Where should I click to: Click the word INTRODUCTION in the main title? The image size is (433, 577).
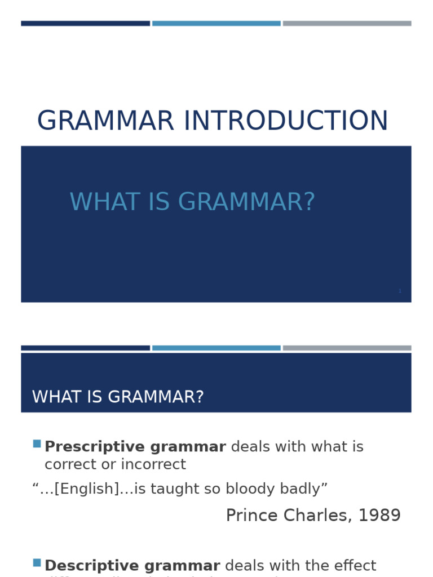click(x=285, y=122)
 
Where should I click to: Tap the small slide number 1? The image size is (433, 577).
click(x=400, y=291)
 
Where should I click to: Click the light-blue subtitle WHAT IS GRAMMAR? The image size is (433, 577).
click(x=192, y=203)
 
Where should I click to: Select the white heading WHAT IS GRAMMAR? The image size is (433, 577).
click(x=118, y=397)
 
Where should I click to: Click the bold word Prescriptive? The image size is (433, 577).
click(x=86, y=447)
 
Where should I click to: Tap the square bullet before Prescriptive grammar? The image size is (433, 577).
click(x=37, y=444)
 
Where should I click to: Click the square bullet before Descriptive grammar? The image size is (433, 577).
click(x=37, y=562)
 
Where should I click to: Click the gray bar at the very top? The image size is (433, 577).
click(x=347, y=24)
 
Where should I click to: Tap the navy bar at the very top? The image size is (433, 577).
click(x=85, y=24)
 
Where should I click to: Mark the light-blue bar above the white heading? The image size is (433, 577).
click(x=216, y=348)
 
